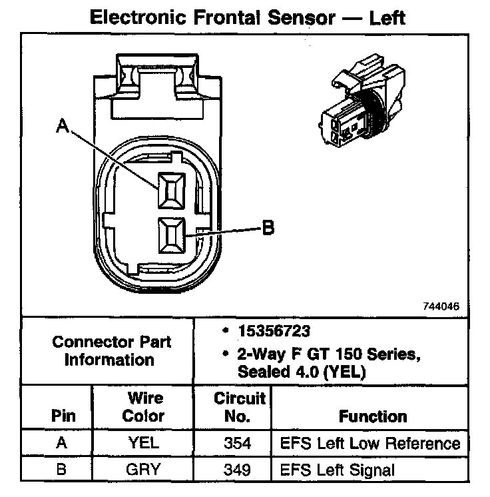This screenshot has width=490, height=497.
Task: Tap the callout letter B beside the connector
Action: [x=266, y=229]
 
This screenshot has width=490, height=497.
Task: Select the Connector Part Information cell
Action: [x=112, y=350]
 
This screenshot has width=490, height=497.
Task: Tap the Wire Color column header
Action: [x=144, y=407]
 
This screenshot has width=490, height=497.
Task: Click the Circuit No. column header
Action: [x=240, y=407]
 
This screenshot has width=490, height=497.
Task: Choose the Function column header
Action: [x=373, y=416]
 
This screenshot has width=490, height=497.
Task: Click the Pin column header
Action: [x=63, y=416]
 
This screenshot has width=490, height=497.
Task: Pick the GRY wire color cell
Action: [x=144, y=469]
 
